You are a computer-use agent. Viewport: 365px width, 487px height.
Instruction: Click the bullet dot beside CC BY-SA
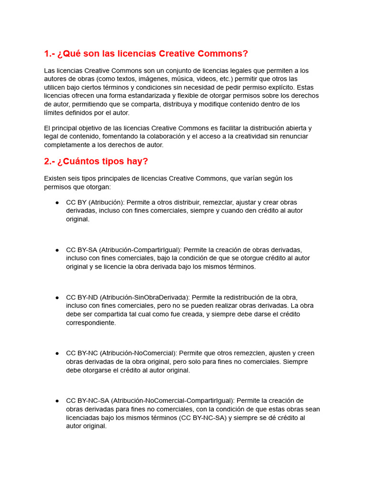(57, 250)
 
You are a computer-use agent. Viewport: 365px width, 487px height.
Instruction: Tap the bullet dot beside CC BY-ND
(57, 297)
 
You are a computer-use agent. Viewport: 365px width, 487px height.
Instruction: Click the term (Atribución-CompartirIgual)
(140, 250)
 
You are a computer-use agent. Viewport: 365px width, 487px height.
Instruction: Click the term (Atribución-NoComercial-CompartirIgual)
(173, 401)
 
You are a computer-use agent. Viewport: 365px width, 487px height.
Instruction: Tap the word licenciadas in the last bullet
(86, 418)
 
